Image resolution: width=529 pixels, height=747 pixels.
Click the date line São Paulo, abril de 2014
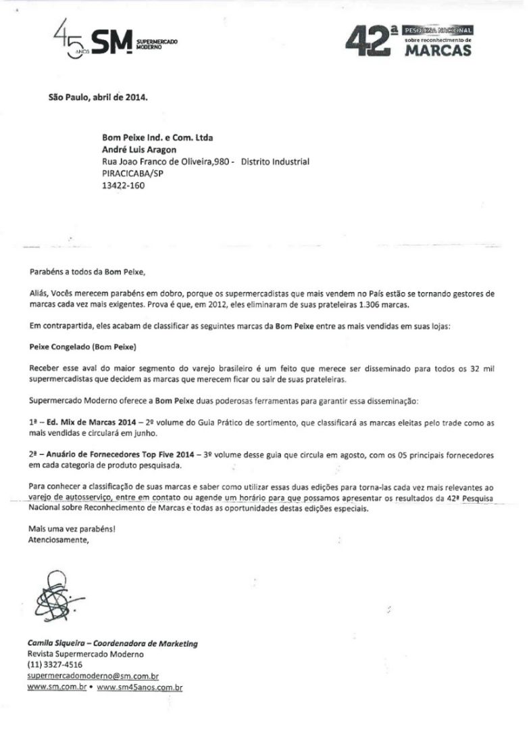click(97, 96)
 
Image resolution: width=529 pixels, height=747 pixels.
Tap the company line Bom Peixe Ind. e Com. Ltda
click(157, 138)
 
